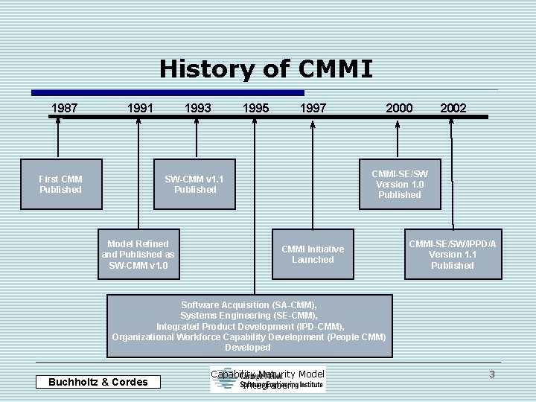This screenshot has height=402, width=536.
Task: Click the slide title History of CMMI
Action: pos(266,69)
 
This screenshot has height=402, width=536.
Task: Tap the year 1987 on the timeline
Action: pos(64,108)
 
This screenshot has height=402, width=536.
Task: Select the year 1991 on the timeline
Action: pos(140,108)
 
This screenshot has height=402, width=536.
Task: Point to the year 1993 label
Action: pos(197,108)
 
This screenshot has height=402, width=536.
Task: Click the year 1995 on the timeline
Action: pos(255,108)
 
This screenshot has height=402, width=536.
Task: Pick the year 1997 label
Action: pos(313,108)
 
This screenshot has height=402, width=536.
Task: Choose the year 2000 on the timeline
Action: pos(399,108)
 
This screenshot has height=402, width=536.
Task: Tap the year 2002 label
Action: pos(453,108)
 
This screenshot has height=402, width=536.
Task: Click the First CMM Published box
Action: pos(61,185)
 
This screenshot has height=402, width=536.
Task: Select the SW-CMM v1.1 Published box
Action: pos(195,185)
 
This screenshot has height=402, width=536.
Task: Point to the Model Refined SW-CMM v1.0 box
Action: pos(138,255)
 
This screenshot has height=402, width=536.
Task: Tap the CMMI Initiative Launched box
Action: pos(313,255)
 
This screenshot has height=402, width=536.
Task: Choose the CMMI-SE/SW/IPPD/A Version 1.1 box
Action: pos(453,255)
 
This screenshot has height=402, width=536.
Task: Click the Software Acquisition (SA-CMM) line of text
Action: pos(249,305)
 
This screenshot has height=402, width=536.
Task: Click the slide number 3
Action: pos(492,374)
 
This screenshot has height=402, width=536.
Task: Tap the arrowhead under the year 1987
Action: pos(58,124)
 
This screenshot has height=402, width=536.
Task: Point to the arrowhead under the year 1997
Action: pos(313,124)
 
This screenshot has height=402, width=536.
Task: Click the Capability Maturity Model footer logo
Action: pos(268,380)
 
